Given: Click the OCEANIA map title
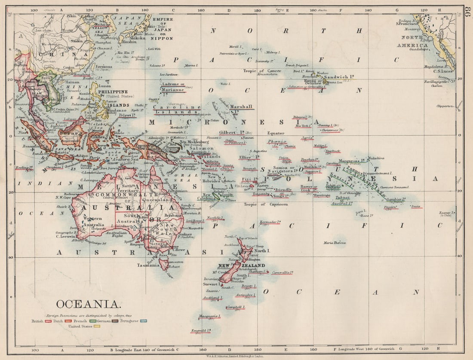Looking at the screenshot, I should tap(88, 304).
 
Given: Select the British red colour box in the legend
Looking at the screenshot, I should tap(48, 321).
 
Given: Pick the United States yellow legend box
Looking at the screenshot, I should tap(97, 326).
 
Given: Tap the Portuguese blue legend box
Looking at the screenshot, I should tap(143, 321).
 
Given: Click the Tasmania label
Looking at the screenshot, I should tap(148, 265).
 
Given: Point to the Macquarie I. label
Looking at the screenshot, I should tap(209, 316).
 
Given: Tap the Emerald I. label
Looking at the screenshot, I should tap(200, 330).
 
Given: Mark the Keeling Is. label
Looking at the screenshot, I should tap(24, 168).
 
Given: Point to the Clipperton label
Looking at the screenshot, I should tap(445, 106).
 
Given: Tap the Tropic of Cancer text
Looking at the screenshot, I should tap(256, 70).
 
